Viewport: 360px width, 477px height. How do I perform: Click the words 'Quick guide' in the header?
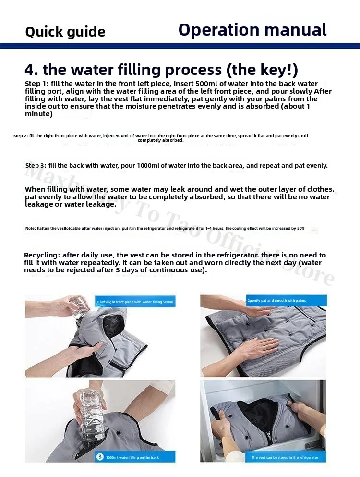pyautogui.click(x=65, y=32)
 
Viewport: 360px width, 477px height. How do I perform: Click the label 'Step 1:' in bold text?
pyautogui.click(x=38, y=84)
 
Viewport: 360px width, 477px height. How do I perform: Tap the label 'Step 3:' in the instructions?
pyautogui.click(x=39, y=166)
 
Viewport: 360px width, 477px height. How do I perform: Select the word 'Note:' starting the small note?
pyautogui.click(x=30, y=228)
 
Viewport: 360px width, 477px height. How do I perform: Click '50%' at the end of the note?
pyautogui.click(x=300, y=228)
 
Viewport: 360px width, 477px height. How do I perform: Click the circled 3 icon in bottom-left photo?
pyautogui.click(x=100, y=456)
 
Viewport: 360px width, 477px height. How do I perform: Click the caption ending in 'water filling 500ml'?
pyautogui.click(x=136, y=302)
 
